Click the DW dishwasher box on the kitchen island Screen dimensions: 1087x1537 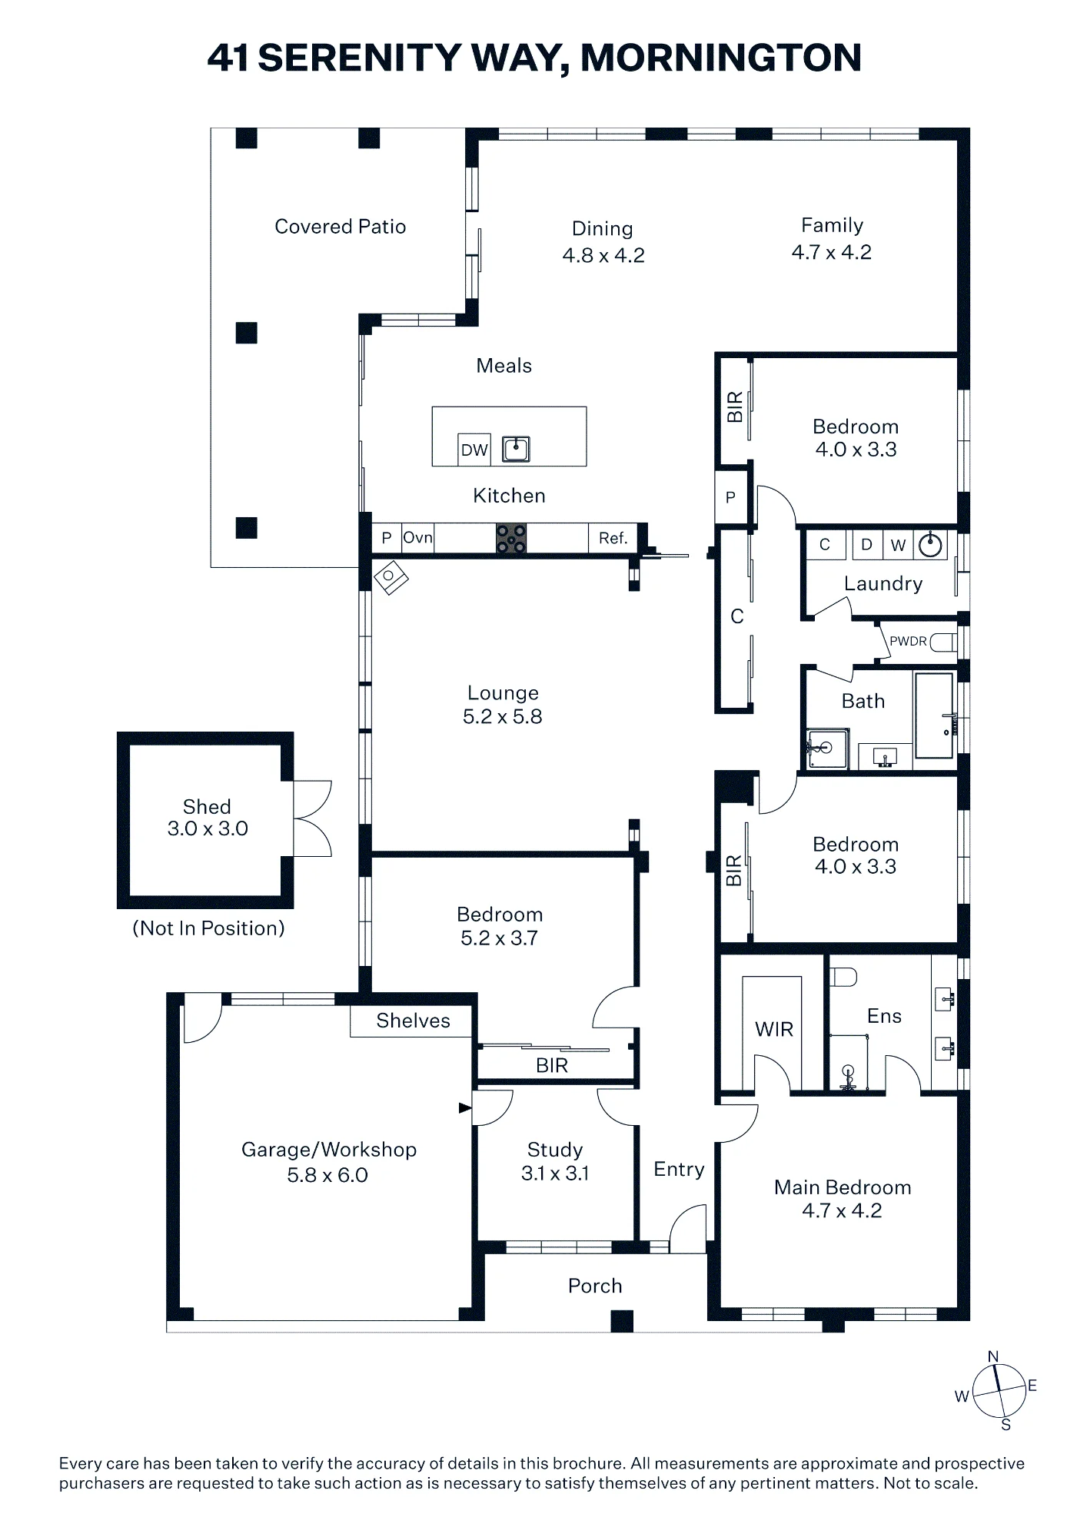[x=474, y=450]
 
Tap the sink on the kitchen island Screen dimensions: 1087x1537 [x=516, y=448]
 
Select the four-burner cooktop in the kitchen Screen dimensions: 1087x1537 [x=510, y=538]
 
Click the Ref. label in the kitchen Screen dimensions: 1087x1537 [x=613, y=538]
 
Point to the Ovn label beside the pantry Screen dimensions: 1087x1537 [x=418, y=537]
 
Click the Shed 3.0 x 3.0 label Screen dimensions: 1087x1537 [x=208, y=818]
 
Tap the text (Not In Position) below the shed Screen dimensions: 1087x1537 [x=208, y=928]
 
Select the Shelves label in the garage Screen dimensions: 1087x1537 [x=413, y=1021]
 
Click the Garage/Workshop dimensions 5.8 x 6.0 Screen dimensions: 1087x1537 [x=327, y=1175]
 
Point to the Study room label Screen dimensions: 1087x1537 [x=555, y=1150]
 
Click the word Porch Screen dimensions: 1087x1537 [x=595, y=1286]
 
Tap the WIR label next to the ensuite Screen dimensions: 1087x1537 [x=774, y=1029]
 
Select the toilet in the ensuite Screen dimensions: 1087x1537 [x=844, y=977]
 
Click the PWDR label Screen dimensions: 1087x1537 [x=908, y=641]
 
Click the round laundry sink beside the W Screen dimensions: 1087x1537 [x=931, y=545]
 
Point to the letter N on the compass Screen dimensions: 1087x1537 [x=993, y=1357]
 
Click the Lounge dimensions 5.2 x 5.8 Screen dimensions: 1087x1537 [x=503, y=716]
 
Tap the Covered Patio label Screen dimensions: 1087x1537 [x=341, y=227]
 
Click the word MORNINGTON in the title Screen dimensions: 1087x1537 [x=721, y=58]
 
